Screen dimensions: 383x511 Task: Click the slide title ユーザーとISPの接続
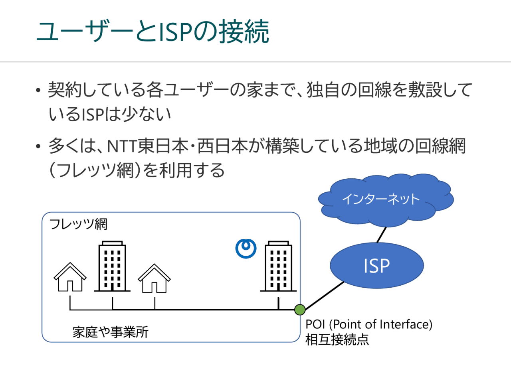[x=153, y=32]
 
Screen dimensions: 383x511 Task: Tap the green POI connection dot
[x=300, y=309]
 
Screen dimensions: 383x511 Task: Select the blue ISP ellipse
[x=376, y=266]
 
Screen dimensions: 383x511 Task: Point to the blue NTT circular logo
[x=246, y=249]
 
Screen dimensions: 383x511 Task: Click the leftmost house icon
[x=70, y=278]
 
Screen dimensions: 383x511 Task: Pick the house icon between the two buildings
[x=154, y=279]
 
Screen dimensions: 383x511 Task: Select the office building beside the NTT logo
[x=278, y=266]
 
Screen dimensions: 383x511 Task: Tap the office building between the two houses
[x=112, y=266]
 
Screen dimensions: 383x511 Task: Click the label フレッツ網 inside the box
[x=78, y=224]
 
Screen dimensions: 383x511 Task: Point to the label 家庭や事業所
[x=111, y=332]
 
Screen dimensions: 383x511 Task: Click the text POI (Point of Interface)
[x=368, y=324]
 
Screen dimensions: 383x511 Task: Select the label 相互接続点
[x=337, y=340]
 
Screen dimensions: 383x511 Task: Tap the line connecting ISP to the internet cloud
[x=382, y=235]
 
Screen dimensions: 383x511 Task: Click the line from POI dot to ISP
[x=323, y=296]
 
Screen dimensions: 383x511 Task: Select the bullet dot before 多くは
[x=38, y=146]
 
